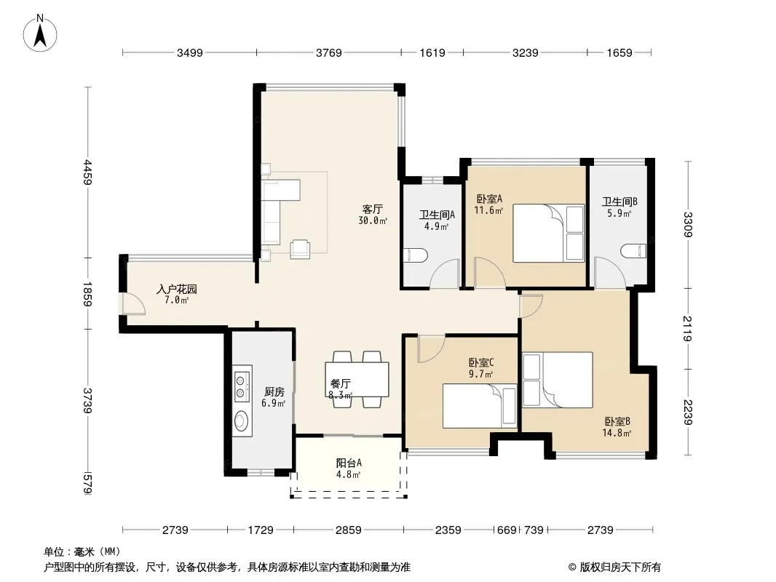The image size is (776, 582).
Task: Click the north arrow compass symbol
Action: pyautogui.click(x=40, y=33)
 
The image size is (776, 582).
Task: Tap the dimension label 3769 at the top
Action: pyautogui.click(x=328, y=52)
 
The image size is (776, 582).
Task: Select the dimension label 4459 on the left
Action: pyautogui.click(x=88, y=172)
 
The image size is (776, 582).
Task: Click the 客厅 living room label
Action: pyautogui.click(x=372, y=210)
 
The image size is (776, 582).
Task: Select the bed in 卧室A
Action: pyautogui.click(x=548, y=233)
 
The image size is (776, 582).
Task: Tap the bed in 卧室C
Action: pyautogui.click(x=480, y=406)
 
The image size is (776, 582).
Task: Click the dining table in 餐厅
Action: pyautogui.click(x=357, y=379)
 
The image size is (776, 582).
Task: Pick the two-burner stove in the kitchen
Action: pyautogui.click(x=242, y=386)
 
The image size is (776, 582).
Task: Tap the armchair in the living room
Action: pyautogui.click(x=301, y=249)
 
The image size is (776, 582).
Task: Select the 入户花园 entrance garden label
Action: pyautogui.click(x=177, y=290)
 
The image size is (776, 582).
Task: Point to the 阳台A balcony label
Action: pyautogui.click(x=349, y=463)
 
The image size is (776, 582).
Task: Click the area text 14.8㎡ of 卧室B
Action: pyautogui.click(x=617, y=434)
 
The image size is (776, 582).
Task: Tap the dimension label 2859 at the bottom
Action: pyautogui.click(x=349, y=530)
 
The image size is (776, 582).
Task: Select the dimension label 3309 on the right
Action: pyautogui.click(x=688, y=225)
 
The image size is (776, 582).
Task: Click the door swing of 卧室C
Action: pyautogui.click(x=430, y=349)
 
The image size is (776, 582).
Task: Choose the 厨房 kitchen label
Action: pyautogui.click(x=274, y=392)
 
